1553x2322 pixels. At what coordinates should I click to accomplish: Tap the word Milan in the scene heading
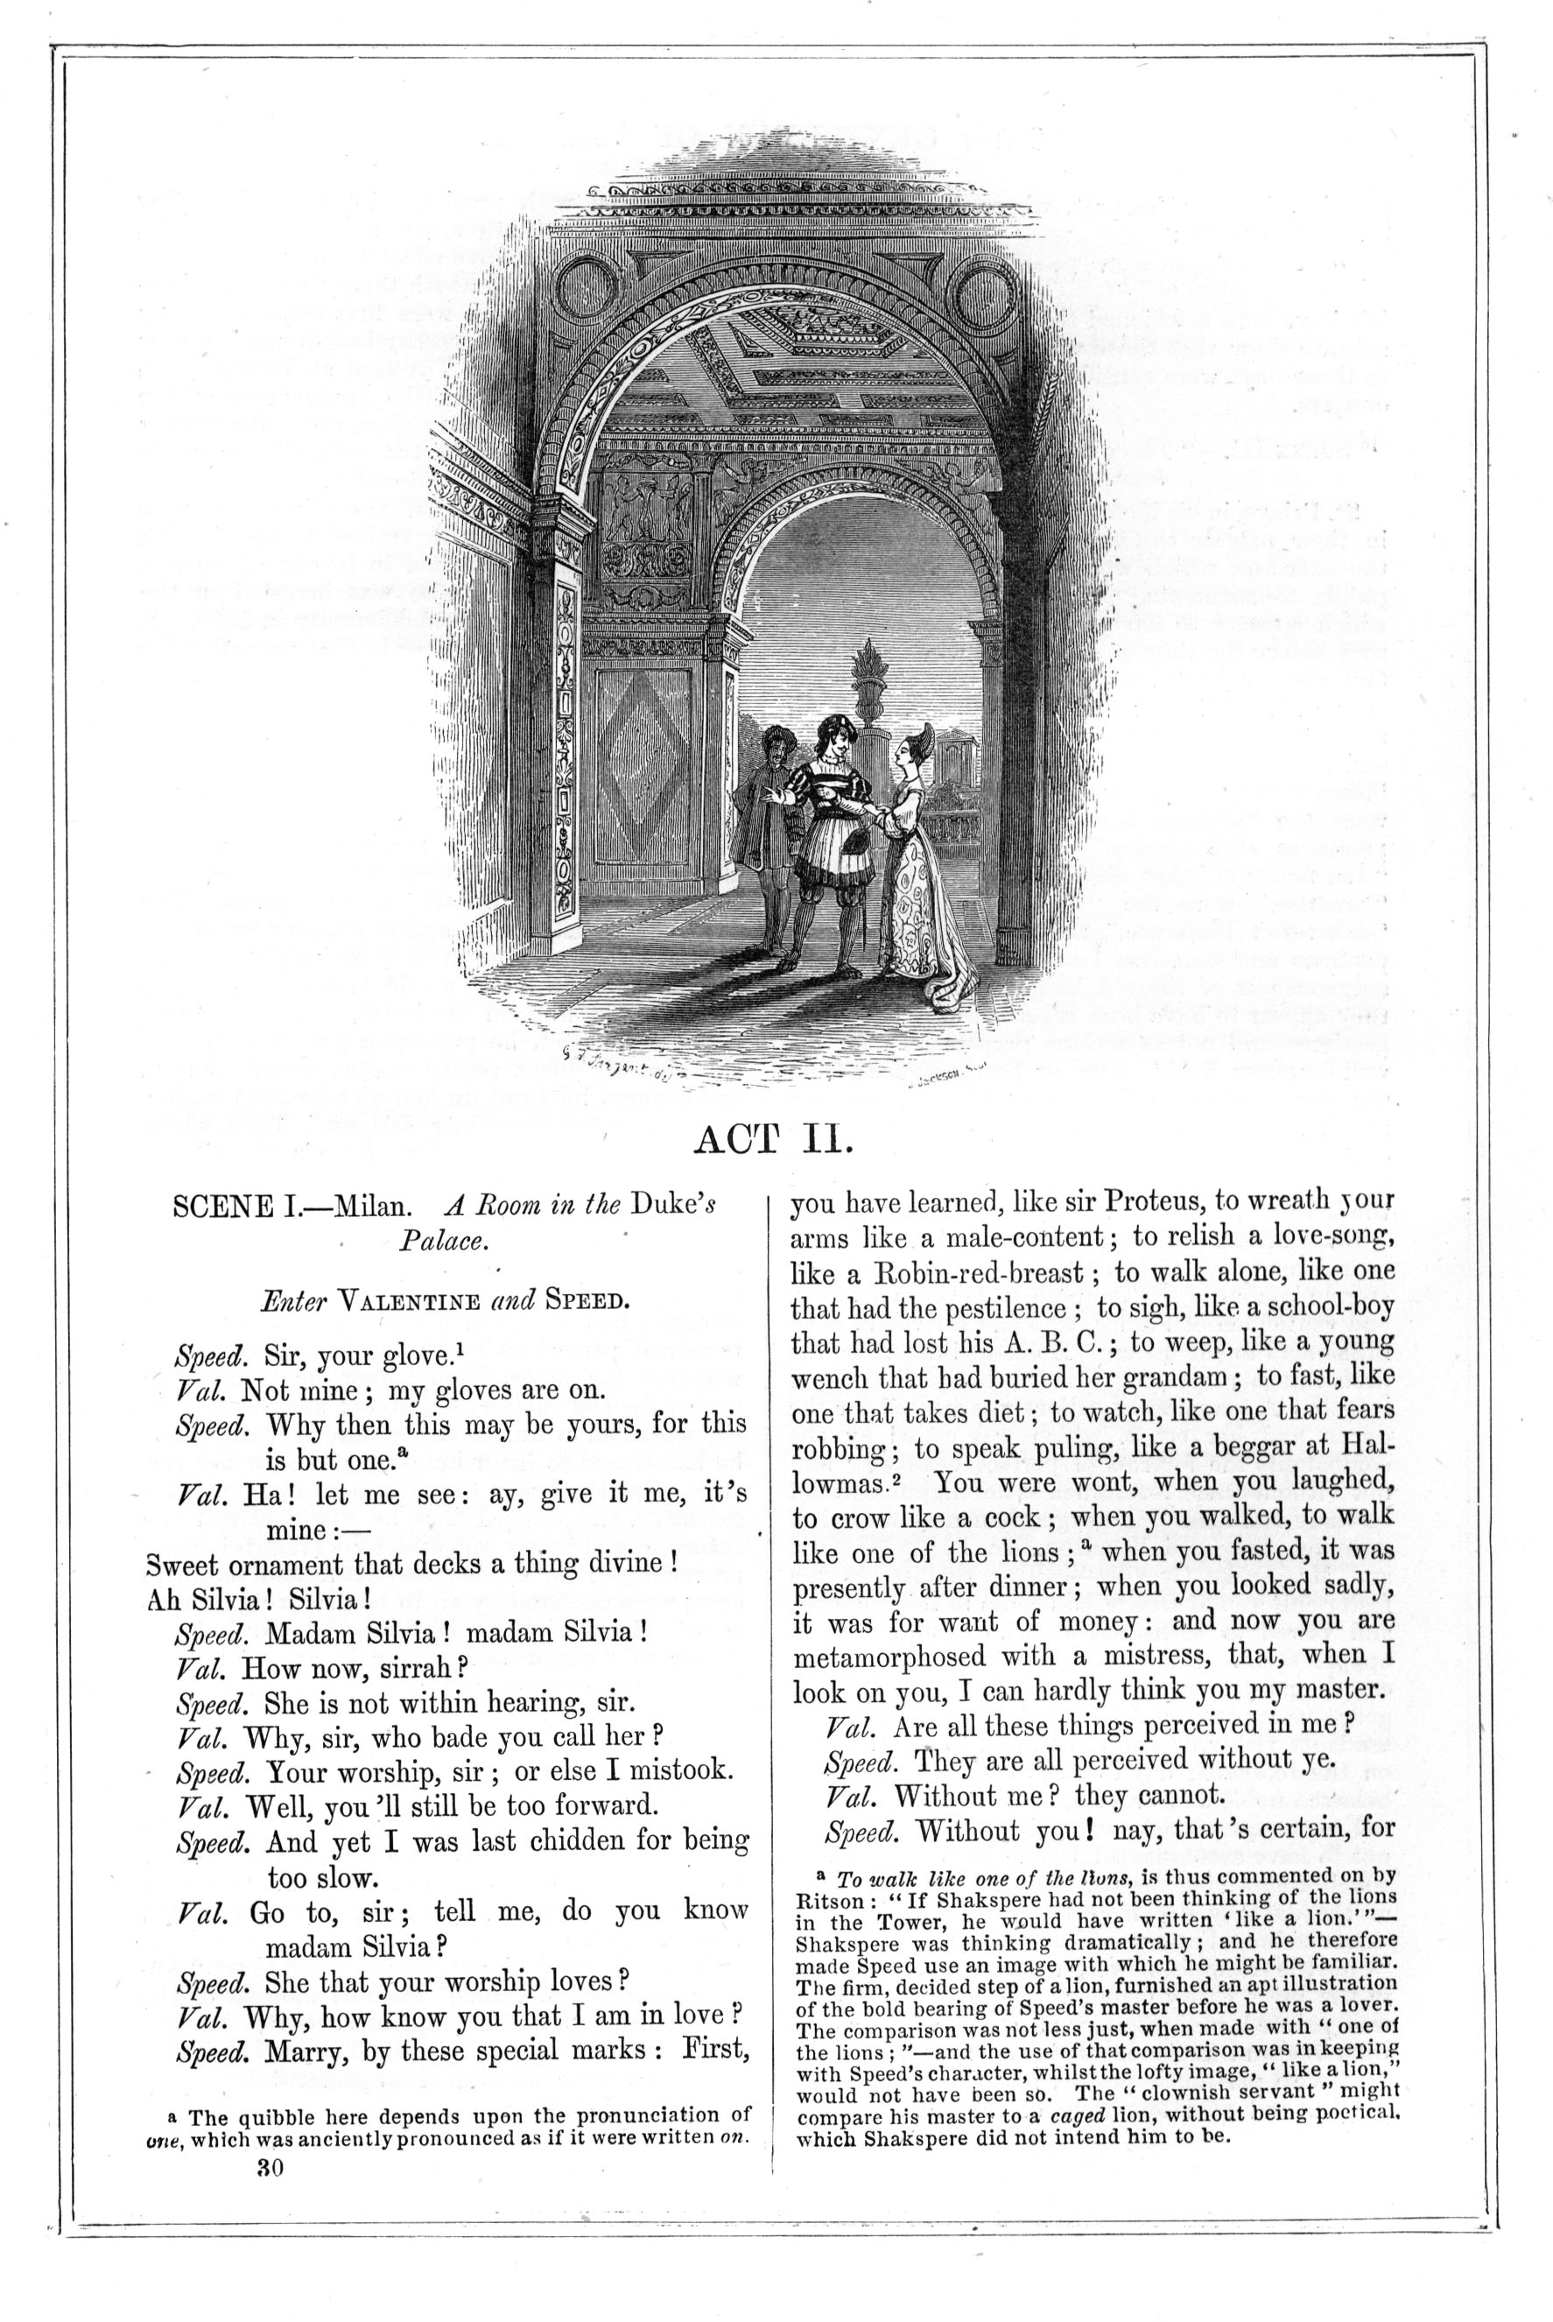click(370, 1207)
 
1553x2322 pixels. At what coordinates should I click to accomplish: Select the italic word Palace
click(443, 1242)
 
